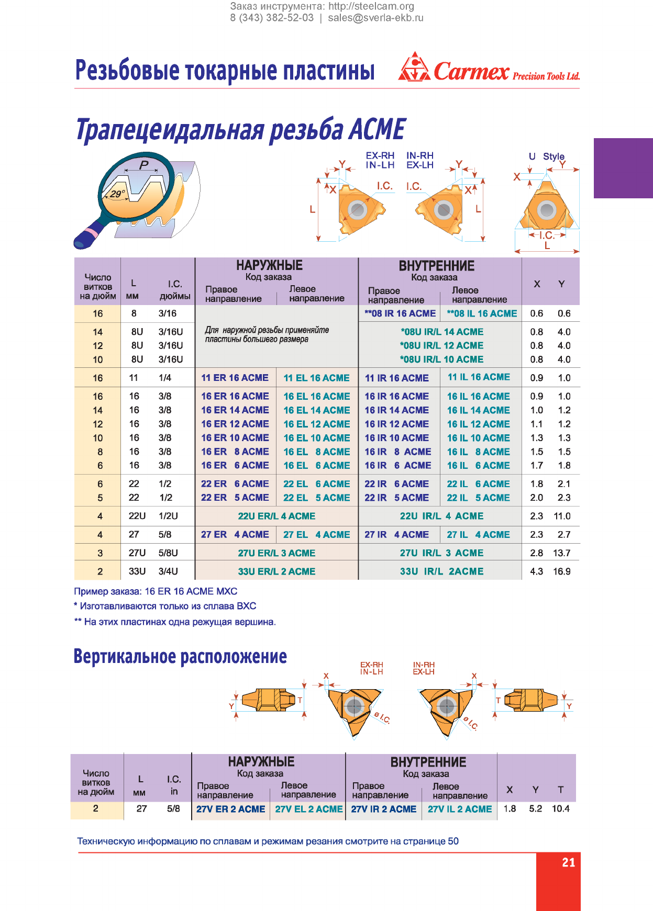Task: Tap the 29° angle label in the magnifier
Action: (x=117, y=194)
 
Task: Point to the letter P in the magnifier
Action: (x=144, y=165)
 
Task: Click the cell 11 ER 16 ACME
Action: (x=235, y=378)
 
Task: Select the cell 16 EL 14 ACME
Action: (x=317, y=410)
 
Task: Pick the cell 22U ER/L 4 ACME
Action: (x=276, y=516)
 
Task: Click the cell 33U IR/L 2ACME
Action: (x=441, y=571)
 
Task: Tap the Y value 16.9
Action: (x=562, y=571)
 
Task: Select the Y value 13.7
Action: (x=562, y=553)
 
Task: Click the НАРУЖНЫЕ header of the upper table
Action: (x=269, y=265)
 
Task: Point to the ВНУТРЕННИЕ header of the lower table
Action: (x=428, y=762)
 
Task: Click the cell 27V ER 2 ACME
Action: (x=231, y=809)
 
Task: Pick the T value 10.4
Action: (x=561, y=808)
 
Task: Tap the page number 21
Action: (x=569, y=862)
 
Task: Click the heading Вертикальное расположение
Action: (x=180, y=656)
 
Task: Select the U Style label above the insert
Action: (x=547, y=156)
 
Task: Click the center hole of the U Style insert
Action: (x=547, y=210)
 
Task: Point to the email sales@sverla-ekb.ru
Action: (x=375, y=18)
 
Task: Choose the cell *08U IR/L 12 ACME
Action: (x=441, y=345)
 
